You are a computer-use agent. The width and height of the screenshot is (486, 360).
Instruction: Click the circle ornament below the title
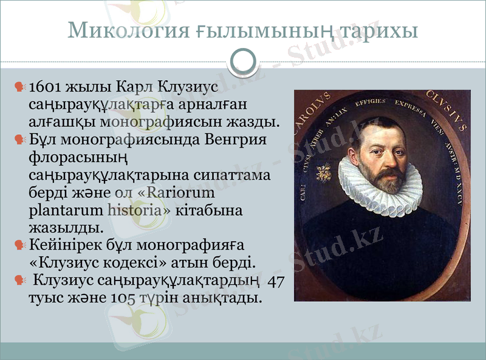point(243,60)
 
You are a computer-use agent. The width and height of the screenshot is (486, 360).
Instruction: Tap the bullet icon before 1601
point(21,87)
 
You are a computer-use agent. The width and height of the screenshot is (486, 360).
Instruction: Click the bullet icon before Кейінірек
point(21,246)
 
